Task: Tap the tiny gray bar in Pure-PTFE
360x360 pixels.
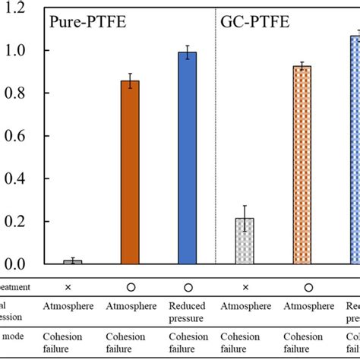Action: (x=73, y=262)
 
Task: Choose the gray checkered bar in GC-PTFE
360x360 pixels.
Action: (x=245, y=242)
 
